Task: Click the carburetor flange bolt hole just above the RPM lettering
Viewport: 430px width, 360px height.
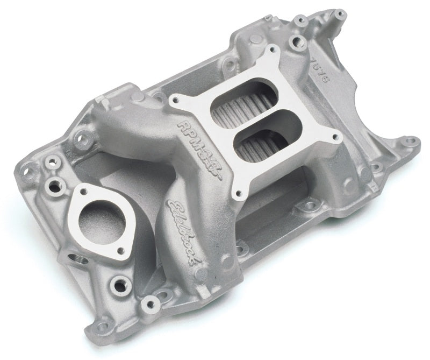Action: [175, 100]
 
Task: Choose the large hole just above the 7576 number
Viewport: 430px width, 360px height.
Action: [295, 43]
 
